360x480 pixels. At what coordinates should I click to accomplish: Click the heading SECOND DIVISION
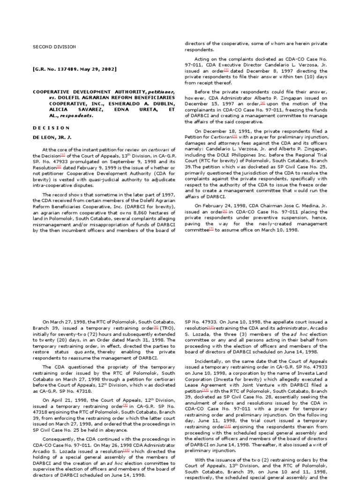pyautogui.click(x=54, y=47)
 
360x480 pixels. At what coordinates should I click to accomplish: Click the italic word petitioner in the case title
pyautogui.click(x=161, y=91)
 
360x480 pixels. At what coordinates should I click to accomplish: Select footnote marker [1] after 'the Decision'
pyautogui.click(x=63, y=155)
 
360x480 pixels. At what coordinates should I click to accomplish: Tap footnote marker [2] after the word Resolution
pyautogui.click(x=59, y=167)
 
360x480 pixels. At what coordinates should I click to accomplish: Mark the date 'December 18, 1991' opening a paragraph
pyautogui.click(x=225, y=131)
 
